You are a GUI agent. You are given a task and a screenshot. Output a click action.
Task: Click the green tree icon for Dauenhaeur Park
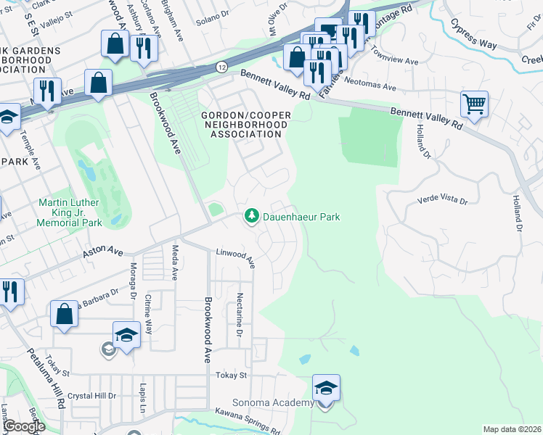point(251,216)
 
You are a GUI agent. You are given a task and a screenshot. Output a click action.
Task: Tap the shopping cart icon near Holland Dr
point(474,104)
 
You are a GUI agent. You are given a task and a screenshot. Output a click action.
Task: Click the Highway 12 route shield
point(221,66)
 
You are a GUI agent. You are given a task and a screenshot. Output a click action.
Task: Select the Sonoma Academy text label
point(273,402)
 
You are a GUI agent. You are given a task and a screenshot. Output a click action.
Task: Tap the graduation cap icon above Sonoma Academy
point(327,388)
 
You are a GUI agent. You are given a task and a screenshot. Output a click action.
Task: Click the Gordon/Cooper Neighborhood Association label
point(245,124)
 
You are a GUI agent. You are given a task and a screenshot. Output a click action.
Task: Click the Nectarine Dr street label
point(239,314)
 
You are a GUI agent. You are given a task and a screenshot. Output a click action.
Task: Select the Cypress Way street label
point(473,34)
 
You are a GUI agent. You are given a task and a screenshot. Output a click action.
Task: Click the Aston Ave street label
point(103,249)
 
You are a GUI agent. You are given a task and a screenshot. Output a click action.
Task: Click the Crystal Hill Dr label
point(91,396)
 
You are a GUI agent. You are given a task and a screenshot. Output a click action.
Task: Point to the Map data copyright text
point(512,429)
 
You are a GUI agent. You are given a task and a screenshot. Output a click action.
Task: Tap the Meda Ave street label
point(175,262)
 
